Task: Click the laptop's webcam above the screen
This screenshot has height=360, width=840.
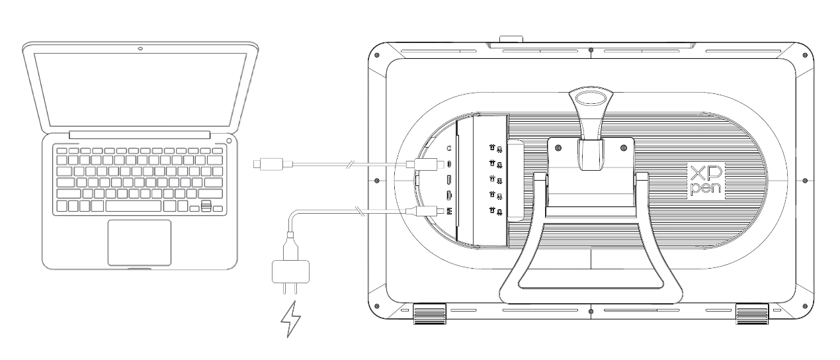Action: coord(140,48)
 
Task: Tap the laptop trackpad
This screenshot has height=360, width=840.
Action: coord(140,243)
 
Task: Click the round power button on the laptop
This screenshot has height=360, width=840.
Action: coord(230,140)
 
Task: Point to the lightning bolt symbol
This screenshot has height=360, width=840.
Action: coord(290,319)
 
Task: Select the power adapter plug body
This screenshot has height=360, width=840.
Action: coord(290,271)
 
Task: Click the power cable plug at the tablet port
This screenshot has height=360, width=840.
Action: coord(427,210)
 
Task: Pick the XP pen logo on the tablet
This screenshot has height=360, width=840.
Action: coord(706,181)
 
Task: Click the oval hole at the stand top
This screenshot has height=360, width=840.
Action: coord(591,97)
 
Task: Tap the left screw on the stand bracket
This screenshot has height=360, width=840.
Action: coord(558,148)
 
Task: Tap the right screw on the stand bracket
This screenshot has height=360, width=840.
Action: coord(624,148)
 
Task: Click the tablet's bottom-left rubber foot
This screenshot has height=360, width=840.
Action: coord(430,314)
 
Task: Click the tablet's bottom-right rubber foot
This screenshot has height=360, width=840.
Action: coord(752,314)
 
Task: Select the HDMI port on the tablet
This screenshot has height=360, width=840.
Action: coord(448,195)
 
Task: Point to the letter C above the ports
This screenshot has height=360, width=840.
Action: coord(448,149)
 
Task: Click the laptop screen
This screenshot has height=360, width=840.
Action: coord(140,89)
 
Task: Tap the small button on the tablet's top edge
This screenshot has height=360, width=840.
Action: coord(511,39)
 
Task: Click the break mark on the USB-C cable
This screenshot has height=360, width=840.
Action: coord(349,164)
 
